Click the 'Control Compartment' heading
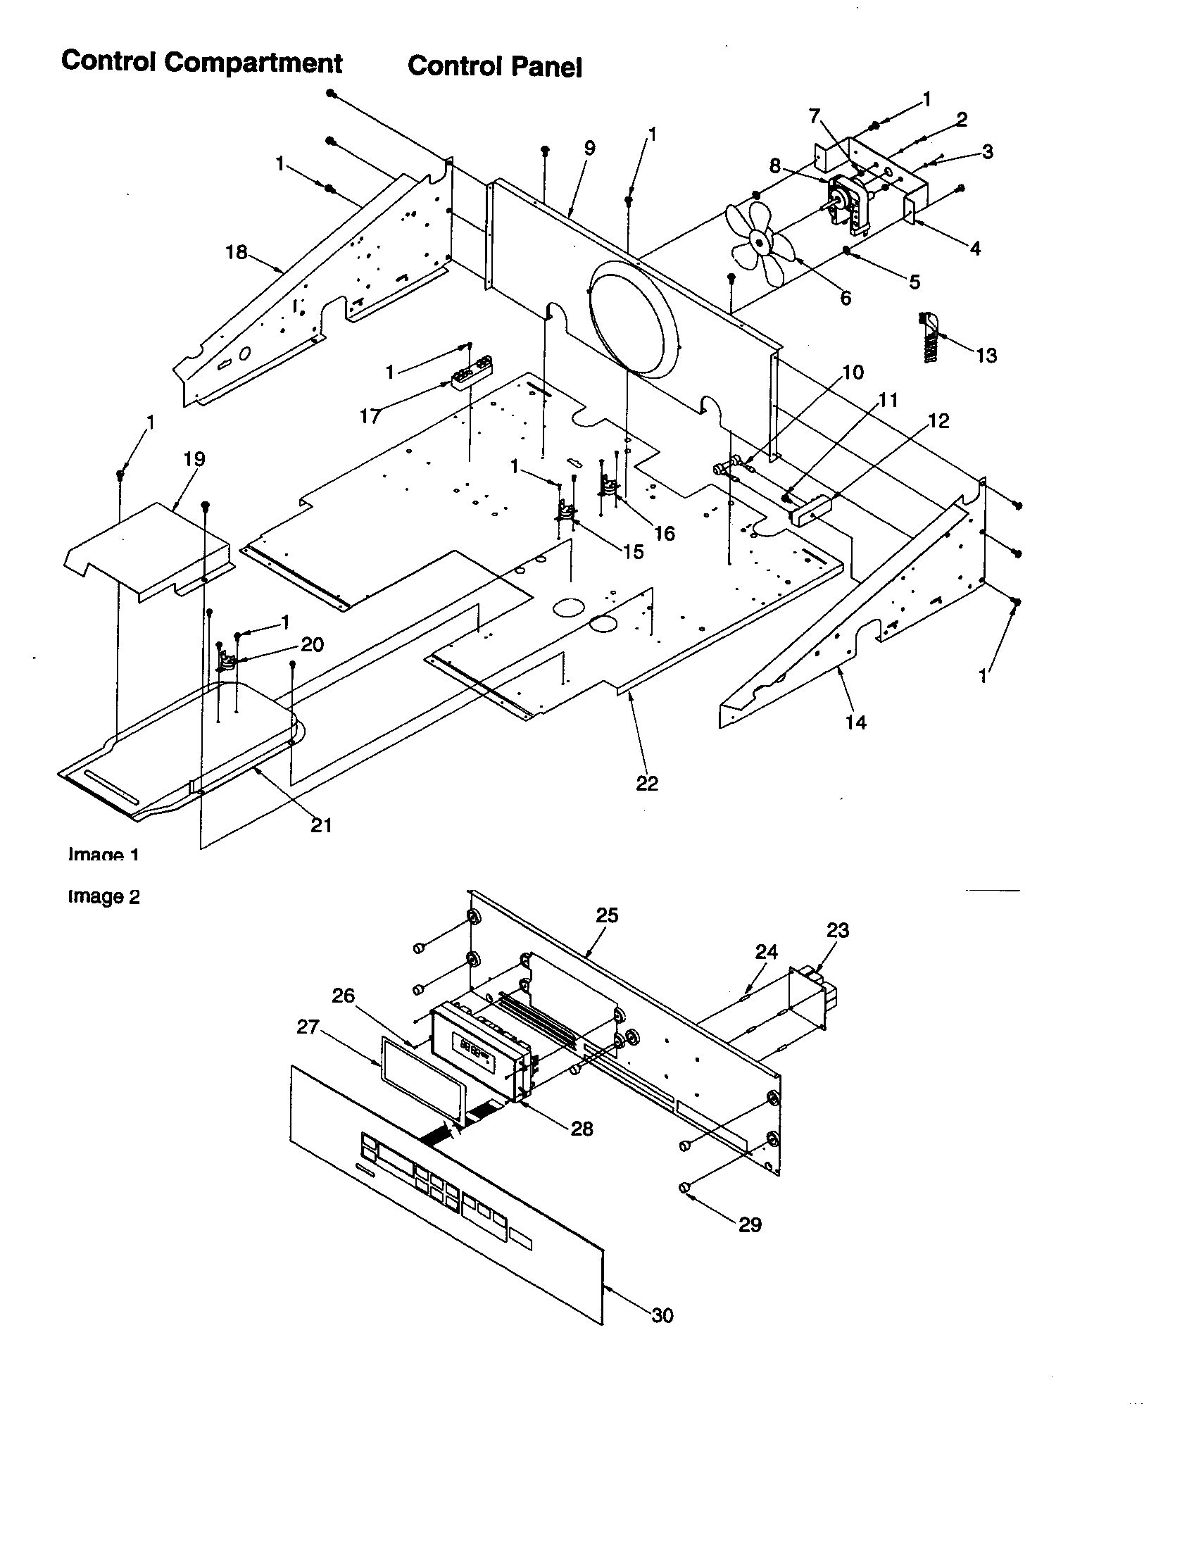[201, 63]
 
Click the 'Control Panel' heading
[494, 67]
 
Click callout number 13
[986, 356]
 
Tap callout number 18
[236, 252]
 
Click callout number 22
[646, 783]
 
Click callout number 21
[321, 825]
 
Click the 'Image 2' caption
[103, 896]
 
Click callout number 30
[662, 1316]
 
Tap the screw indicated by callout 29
[685, 1187]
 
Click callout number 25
[607, 915]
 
